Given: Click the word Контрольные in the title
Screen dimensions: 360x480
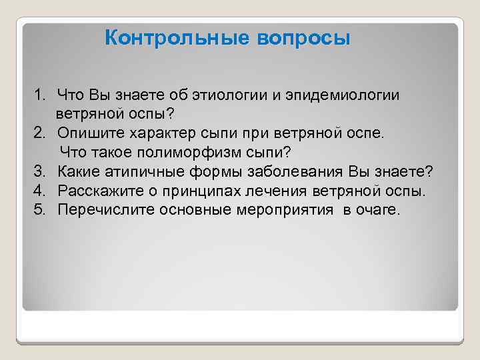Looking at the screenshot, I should [x=177, y=37].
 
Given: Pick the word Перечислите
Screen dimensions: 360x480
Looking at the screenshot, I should [x=101, y=211].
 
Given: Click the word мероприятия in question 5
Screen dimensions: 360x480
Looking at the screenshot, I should [x=287, y=211].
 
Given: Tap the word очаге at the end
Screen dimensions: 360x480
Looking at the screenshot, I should [x=380, y=211].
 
